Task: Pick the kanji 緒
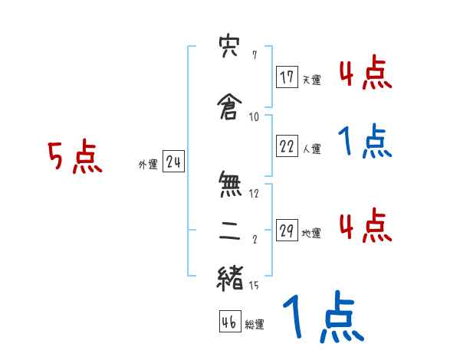pyautogui.click(x=230, y=276)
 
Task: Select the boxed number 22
pyautogui.click(x=287, y=147)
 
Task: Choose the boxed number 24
pyautogui.click(x=173, y=162)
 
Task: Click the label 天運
pyautogui.click(x=311, y=79)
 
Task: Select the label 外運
pyautogui.click(x=148, y=164)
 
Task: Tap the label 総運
pyautogui.click(x=255, y=325)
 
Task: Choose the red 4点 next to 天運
pyautogui.click(x=365, y=74)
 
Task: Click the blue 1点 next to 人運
pyautogui.click(x=365, y=142)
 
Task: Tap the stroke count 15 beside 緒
pyautogui.click(x=255, y=286)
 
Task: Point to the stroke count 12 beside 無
pyautogui.click(x=255, y=193)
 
